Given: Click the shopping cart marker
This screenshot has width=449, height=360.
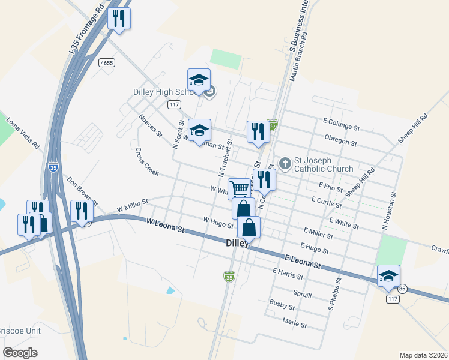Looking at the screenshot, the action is click(x=239, y=190).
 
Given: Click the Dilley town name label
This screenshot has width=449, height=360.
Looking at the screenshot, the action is click(x=237, y=243).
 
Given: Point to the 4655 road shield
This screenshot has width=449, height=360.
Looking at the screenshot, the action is click(x=107, y=63).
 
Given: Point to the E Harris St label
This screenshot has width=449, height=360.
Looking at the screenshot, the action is click(x=287, y=274).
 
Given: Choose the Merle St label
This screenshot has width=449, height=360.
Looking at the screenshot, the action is click(x=294, y=324).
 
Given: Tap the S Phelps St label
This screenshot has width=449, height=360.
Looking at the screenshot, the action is click(x=334, y=293).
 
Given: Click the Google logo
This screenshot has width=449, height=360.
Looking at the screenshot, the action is click(x=20, y=352).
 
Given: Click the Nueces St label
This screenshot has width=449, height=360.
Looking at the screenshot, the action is click(x=149, y=125).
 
